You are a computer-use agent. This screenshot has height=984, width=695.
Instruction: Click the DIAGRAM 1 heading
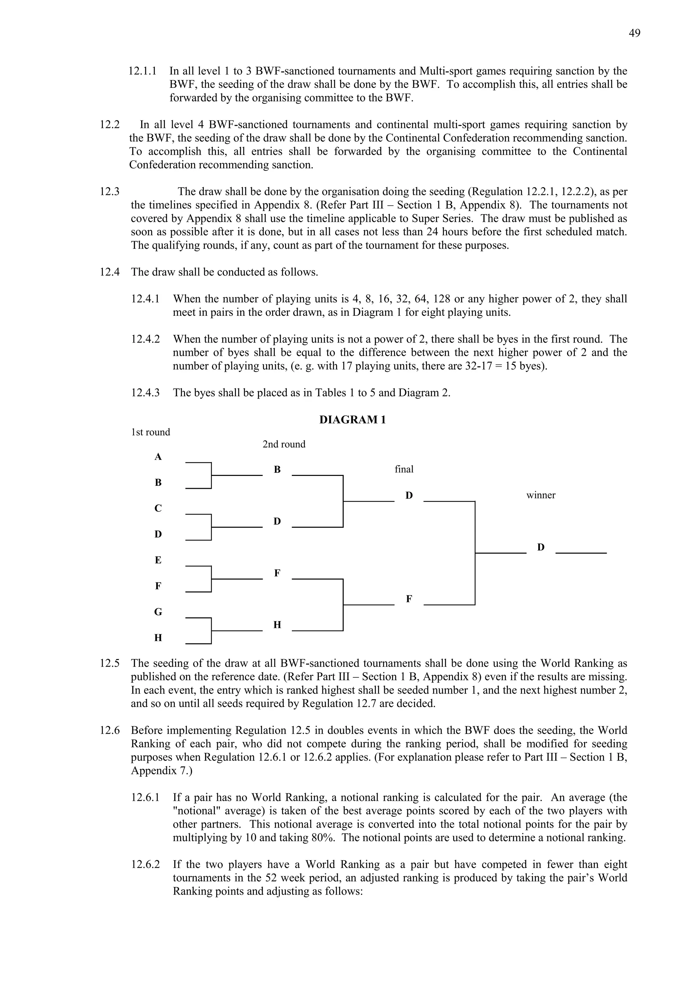[353, 420]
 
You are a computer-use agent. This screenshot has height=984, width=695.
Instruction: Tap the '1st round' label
[150, 432]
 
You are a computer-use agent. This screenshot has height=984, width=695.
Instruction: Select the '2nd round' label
[284, 444]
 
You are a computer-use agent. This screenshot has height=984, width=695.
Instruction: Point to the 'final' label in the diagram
[404, 469]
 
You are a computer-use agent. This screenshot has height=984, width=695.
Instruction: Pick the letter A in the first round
[158, 457]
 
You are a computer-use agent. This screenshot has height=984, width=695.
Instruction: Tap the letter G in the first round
[158, 612]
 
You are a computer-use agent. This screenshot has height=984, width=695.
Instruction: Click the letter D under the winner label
[541, 547]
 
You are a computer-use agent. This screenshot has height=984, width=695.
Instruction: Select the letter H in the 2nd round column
[277, 625]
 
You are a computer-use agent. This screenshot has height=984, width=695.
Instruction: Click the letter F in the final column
[409, 599]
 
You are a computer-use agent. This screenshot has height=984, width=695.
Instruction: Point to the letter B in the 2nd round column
[277, 470]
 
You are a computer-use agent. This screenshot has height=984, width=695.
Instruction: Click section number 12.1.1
[143, 71]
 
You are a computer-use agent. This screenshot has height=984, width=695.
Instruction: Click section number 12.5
[110, 663]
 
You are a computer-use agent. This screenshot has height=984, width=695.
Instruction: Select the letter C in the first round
[158, 508]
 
